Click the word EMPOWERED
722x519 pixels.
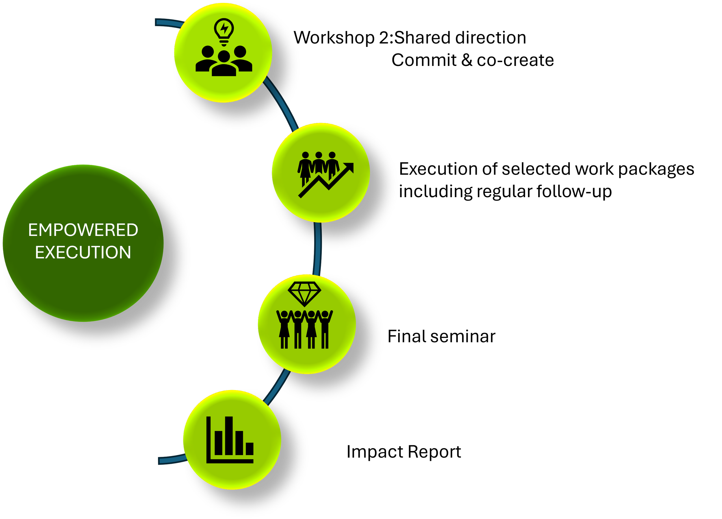[83, 230]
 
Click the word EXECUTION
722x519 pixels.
[83, 252]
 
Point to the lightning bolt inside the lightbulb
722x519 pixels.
[224, 28]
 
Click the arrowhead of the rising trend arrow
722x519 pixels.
[349, 167]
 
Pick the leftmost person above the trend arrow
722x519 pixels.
[305, 167]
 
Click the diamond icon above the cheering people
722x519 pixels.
[304, 293]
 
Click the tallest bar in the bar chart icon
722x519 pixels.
[228, 435]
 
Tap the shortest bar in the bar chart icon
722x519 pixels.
[250, 448]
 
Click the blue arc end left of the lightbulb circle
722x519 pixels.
[165, 23]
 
